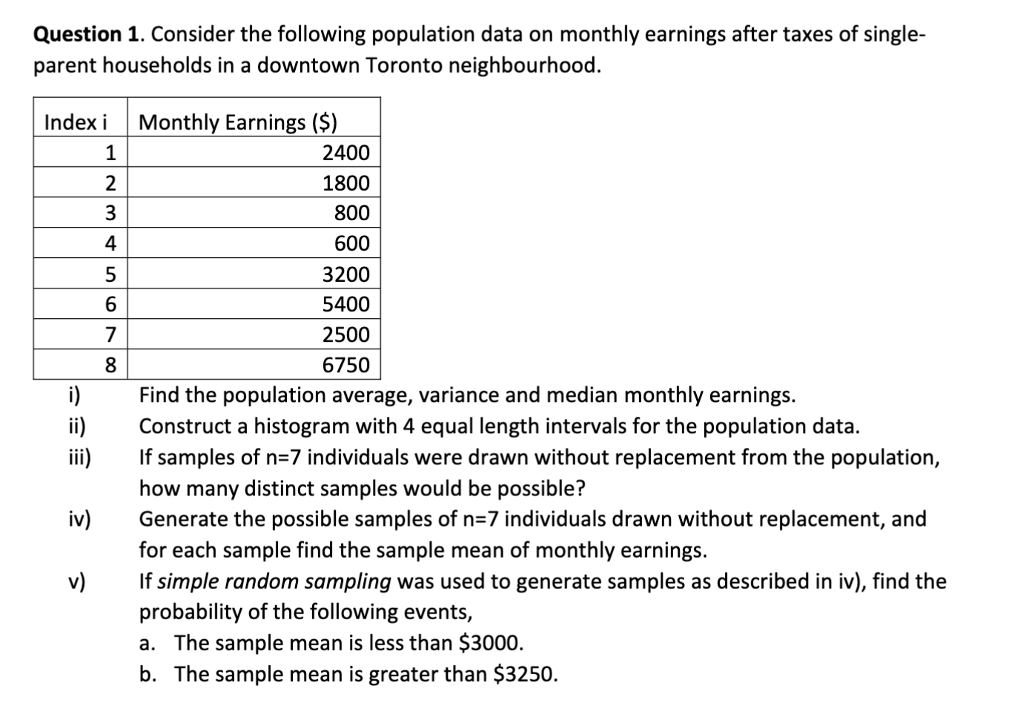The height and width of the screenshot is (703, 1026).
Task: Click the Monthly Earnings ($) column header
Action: pyautogui.click(x=238, y=122)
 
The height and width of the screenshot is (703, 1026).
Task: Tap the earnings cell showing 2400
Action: pyautogui.click(x=345, y=153)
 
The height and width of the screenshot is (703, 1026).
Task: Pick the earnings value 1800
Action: pyautogui.click(x=345, y=183)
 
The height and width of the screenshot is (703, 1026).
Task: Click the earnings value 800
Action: pyautogui.click(x=351, y=214)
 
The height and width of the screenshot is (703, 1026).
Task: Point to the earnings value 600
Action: pyautogui.click(x=351, y=244)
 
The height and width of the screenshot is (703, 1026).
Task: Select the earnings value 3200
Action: pyautogui.click(x=345, y=274)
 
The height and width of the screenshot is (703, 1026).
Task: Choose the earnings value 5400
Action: pyautogui.click(x=345, y=304)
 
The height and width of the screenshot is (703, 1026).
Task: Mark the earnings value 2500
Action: pyautogui.click(x=345, y=334)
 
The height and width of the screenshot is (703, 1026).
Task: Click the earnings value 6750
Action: pyautogui.click(x=345, y=365)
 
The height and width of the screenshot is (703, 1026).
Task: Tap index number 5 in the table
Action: pyautogui.click(x=110, y=274)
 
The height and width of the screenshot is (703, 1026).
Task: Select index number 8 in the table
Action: pyautogui.click(x=110, y=365)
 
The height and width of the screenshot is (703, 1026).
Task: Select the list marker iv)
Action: pyautogui.click(x=78, y=519)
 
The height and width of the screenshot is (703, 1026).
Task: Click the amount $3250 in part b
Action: pyautogui.click(x=524, y=674)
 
